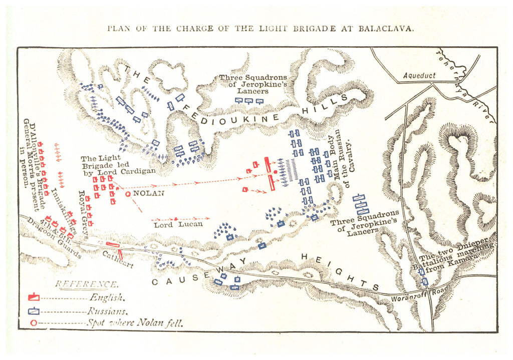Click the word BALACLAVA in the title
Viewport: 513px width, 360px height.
coord(386,28)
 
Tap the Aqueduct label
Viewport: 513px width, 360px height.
coord(419,75)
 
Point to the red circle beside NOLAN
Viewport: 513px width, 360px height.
coord(128,194)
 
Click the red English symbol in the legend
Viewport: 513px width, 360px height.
coord(34,297)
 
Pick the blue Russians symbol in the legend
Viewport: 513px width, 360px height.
coord(34,310)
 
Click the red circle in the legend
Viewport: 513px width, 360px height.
coord(34,323)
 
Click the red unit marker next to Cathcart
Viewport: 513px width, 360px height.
coord(112,245)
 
